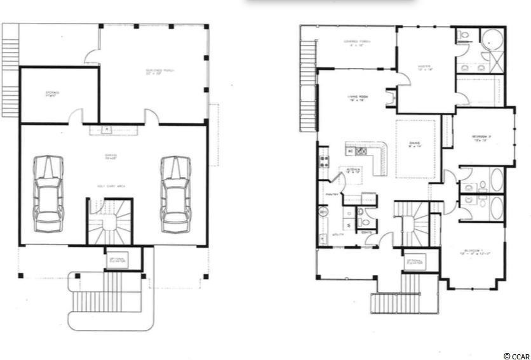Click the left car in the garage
pos(49,193)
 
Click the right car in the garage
pos(175,193)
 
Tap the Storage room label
pos(52,94)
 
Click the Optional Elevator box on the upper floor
pos(415,262)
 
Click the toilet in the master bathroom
pos(463,36)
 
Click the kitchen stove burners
pos(323,161)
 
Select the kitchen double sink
pos(360,151)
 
